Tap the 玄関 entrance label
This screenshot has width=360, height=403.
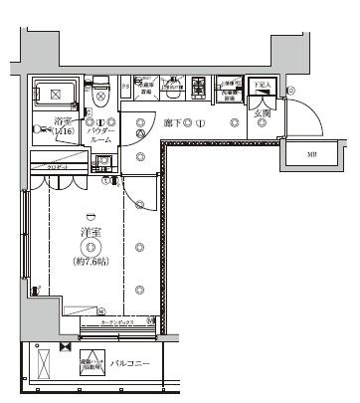click(x=262, y=113)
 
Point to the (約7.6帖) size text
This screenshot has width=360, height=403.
click(x=90, y=263)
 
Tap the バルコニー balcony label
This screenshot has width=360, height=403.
click(x=130, y=364)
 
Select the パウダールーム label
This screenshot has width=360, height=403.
click(x=101, y=135)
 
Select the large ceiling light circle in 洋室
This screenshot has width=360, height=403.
click(x=90, y=248)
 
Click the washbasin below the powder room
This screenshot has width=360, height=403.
click(x=103, y=162)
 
